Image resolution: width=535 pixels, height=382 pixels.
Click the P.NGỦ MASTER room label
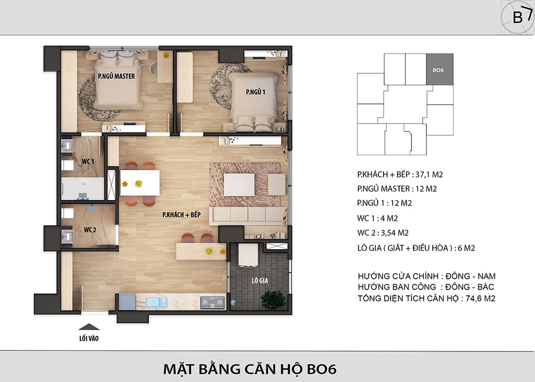pyautogui.click(x=116, y=77)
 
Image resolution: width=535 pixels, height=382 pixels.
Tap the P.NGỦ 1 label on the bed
pyautogui.click(x=256, y=91)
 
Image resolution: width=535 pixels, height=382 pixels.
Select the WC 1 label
pyautogui.click(x=88, y=162)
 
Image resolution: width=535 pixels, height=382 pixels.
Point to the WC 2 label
pyautogui.click(x=90, y=230)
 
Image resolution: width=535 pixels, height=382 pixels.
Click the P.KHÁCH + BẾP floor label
pyautogui.click(x=181, y=215)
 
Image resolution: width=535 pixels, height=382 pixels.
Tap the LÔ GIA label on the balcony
pyautogui.click(x=260, y=281)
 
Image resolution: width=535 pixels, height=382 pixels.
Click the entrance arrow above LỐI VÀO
pyautogui.click(x=89, y=327)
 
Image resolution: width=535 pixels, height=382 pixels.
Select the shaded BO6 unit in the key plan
pyautogui.click(x=440, y=69)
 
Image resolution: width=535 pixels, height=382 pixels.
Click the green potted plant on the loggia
pyautogui.click(x=273, y=300)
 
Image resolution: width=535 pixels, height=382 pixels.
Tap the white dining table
pyautogui.click(x=140, y=183)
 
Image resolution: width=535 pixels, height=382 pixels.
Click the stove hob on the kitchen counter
pyautogui.click(x=212, y=302)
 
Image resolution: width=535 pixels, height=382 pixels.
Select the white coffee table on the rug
pyautogui.click(x=239, y=185)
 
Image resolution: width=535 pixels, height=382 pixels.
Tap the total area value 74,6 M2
pyautogui.click(x=480, y=299)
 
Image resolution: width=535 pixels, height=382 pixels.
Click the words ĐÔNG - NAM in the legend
pyautogui.click(x=470, y=276)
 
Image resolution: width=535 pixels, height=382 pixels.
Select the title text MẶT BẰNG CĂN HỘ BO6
pyautogui.click(x=250, y=369)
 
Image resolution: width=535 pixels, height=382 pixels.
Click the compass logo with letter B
pyautogui.click(x=517, y=17)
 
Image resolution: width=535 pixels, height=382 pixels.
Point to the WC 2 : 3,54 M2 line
pyautogui.click(x=383, y=233)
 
